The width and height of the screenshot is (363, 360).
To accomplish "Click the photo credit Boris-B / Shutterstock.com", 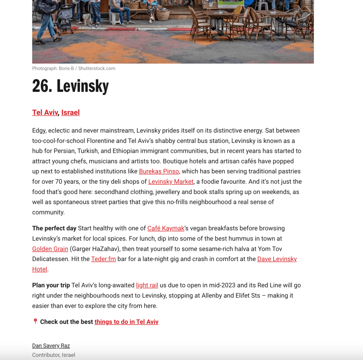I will [x=73, y=68].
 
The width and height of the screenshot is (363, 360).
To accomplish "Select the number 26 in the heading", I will [x=42, y=86].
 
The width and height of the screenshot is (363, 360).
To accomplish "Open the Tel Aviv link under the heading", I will [x=45, y=112].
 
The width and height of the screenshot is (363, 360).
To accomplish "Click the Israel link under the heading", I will [x=70, y=112].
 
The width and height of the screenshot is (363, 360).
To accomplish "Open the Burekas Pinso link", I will [x=159, y=171].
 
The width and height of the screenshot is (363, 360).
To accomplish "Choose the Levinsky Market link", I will [x=171, y=182].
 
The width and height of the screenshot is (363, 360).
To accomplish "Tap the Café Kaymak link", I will [x=166, y=228].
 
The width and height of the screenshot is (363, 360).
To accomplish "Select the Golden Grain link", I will [x=50, y=249].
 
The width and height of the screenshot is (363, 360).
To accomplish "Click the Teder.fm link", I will [x=103, y=259].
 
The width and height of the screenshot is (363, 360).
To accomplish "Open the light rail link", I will [x=147, y=285].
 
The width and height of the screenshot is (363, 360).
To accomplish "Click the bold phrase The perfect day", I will [x=54, y=228].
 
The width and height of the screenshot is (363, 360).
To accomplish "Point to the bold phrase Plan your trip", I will [x=51, y=285].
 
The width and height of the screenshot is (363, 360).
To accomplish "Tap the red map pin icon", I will [x=35, y=321].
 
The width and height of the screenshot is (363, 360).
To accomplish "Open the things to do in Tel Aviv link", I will [x=126, y=322].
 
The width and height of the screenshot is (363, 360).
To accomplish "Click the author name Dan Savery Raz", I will [x=51, y=345].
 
